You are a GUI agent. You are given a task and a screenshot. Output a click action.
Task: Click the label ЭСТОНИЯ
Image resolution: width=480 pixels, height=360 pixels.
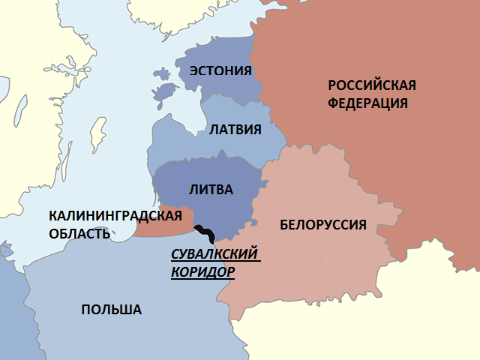[220, 71]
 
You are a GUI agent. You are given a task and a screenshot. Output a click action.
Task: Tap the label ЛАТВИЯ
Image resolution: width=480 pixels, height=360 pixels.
[235, 129]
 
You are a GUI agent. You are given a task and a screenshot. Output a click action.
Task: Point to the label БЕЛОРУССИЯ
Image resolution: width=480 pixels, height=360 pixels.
[322, 224]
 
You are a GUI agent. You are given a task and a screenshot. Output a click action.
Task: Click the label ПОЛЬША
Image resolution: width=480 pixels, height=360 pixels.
[111, 310]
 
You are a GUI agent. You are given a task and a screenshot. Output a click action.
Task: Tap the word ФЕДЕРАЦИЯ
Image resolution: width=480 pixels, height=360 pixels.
[367, 103]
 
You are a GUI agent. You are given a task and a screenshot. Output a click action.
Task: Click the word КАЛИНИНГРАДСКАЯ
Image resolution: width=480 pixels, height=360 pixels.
[115, 216]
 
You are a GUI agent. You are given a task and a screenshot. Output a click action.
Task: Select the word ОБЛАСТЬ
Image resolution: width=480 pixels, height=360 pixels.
[79, 233]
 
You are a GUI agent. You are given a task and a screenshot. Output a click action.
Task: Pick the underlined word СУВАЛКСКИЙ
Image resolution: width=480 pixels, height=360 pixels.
[215, 254]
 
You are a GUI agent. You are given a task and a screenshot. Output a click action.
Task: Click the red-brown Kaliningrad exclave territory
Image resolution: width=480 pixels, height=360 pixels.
[161, 225]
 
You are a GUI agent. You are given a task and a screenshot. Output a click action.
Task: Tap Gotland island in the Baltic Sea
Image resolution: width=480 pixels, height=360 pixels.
[96, 133]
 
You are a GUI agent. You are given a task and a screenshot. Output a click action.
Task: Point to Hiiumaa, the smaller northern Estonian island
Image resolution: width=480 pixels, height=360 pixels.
[162, 74]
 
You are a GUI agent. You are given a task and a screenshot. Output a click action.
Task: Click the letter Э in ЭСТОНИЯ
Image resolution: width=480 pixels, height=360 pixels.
[194, 71]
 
